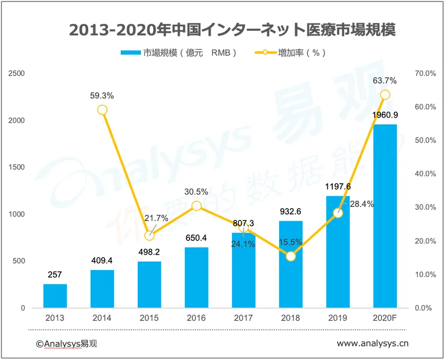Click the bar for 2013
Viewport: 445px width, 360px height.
click(x=55, y=295)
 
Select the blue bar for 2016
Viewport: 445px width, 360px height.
click(x=197, y=277)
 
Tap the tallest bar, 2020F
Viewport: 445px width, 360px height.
click(x=385, y=216)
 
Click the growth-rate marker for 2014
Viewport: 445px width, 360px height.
click(x=102, y=110)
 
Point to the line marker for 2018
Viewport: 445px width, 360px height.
click(x=291, y=256)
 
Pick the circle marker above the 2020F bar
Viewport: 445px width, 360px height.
click(x=385, y=95)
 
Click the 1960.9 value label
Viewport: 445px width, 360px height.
click(x=385, y=115)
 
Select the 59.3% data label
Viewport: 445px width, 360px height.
click(x=102, y=96)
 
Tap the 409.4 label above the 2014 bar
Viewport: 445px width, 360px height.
click(x=102, y=260)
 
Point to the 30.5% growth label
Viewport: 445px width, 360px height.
click(x=197, y=192)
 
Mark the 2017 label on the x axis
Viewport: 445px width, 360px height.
click(x=244, y=318)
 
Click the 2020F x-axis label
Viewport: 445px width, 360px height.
click(x=385, y=318)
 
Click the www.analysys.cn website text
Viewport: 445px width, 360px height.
click(x=372, y=344)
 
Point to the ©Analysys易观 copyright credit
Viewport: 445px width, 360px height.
click(x=67, y=344)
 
